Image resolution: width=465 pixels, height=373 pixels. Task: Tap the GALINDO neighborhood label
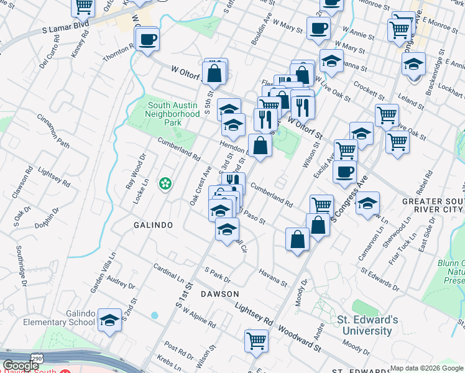[x=152, y=224]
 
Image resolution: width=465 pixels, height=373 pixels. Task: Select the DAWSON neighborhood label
[x=219, y=293]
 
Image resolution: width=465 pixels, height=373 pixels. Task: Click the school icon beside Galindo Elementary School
[x=110, y=320]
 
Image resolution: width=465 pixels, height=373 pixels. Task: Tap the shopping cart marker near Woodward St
[x=256, y=340]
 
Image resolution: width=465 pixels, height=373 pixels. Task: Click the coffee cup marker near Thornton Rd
[x=147, y=40]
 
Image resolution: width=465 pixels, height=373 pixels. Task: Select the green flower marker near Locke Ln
[x=165, y=183]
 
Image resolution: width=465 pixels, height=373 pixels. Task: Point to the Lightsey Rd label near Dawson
[x=254, y=315]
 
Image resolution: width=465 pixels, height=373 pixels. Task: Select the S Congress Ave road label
[x=350, y=198]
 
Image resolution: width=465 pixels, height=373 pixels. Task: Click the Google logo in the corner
[x=21, y=366]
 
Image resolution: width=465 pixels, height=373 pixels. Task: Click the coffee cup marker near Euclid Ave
[x=344, y=172]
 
